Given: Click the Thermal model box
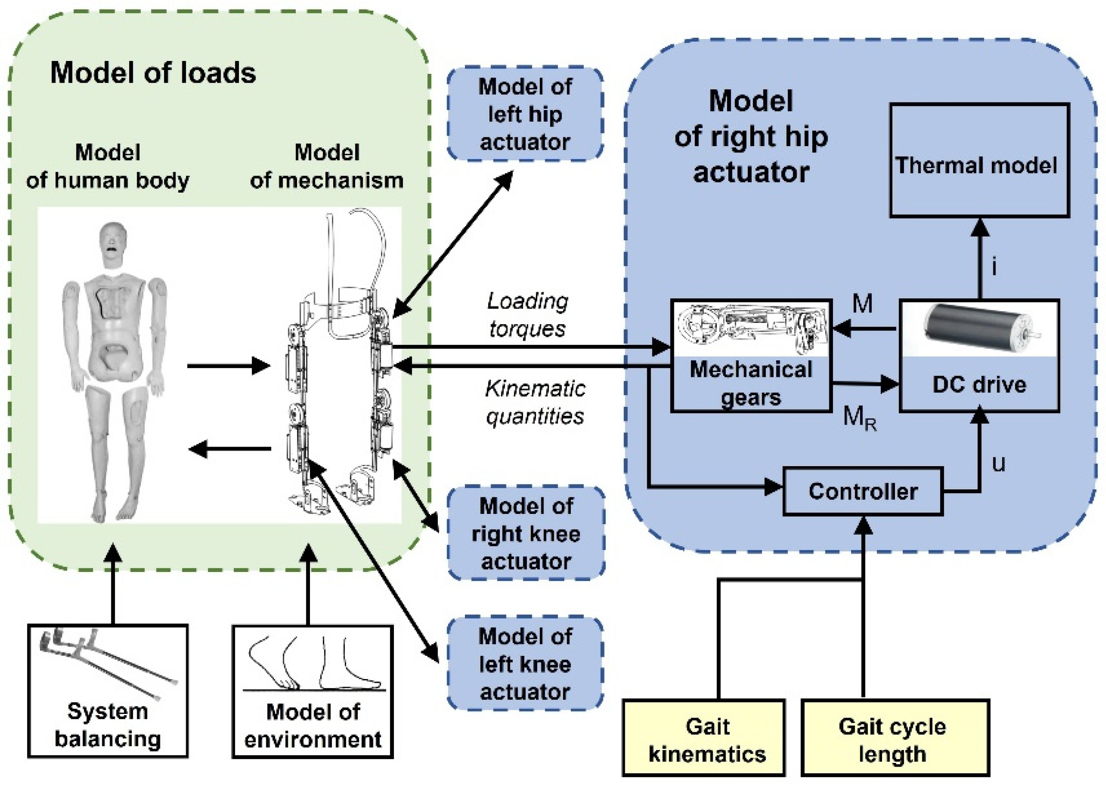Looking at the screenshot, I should [x=979, y=160].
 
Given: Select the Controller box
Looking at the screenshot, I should [x=863, y=491].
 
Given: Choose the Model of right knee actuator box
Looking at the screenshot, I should [x=526, y=533].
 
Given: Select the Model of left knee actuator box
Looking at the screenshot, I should [x=525, y=664].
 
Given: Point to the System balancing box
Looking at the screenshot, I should [x=108, y=691].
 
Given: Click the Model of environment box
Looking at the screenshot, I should [x=312, y=691].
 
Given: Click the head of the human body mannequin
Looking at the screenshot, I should [x=113, y=243].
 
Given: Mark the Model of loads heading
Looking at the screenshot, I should [x=153, y=73].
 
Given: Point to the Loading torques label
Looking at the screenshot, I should [x=527, y=315].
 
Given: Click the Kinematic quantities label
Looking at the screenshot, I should [x=535, y=402].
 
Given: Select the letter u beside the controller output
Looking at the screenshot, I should [x=998, y=464].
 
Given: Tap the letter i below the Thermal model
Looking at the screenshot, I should [x=994, y=266].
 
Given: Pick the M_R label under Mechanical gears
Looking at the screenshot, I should [x=860, y=417].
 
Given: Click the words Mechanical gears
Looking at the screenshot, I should [x=751, y=383].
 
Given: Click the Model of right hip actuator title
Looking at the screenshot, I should [x=751, y=137].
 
